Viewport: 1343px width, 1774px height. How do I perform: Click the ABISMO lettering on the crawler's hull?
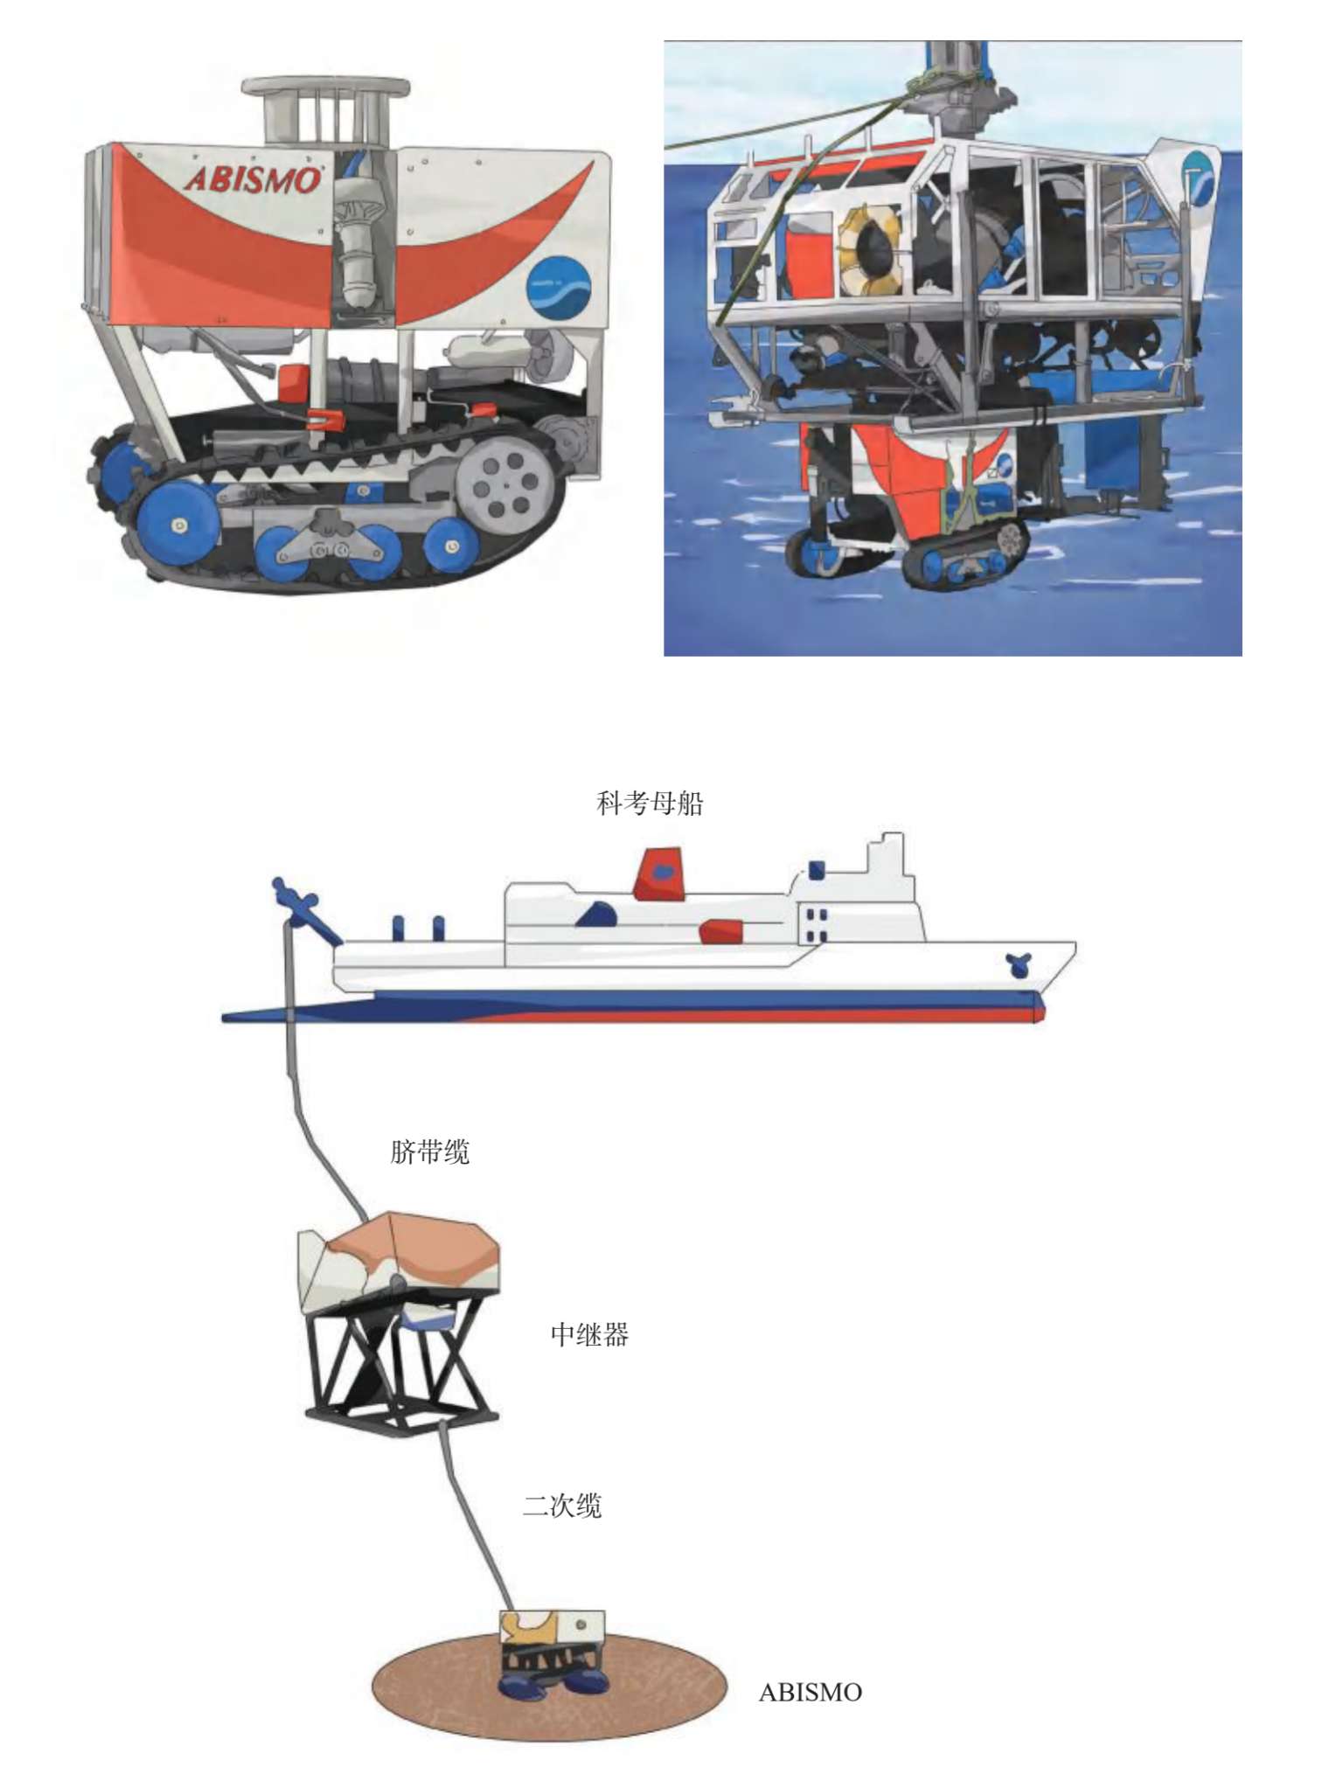tap(253, 179)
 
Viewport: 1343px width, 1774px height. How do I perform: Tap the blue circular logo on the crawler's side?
tap(558, 289)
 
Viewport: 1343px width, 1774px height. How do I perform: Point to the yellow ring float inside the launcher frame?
tap(868, 249)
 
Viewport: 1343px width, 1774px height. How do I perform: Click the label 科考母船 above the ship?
tap(650, 803)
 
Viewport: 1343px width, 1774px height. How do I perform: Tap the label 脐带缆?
tap(429, 1151)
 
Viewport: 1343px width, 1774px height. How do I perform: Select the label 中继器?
tap(589, 1334)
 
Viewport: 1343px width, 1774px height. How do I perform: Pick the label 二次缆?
tap(562, 1506)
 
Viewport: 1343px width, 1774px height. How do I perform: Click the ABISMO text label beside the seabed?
tap(810, 1692)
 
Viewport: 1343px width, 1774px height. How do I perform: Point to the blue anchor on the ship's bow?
tap(1019, 964)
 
